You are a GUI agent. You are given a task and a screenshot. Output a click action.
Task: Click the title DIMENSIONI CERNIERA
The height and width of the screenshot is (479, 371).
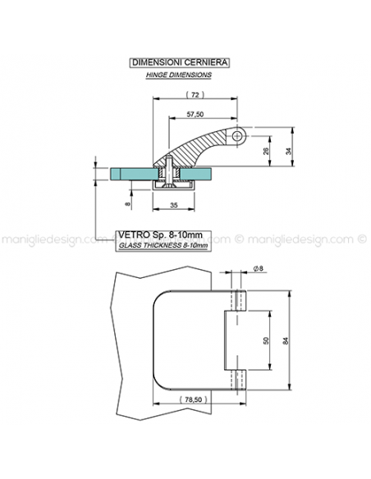[180, 62]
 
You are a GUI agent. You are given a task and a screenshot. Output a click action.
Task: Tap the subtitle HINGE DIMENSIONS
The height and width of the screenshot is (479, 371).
[178, 75]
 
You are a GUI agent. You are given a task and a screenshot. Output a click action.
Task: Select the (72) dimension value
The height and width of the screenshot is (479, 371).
[195, 94]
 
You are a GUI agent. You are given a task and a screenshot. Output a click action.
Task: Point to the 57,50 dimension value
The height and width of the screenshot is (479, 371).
[195, 114]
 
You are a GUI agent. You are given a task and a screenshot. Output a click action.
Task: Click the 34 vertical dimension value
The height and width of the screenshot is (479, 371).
[288, 151]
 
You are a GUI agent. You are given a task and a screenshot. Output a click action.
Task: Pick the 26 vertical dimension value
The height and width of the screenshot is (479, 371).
[266, 151]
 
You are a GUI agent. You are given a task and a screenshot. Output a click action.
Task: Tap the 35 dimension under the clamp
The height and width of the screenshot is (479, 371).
[173, 205]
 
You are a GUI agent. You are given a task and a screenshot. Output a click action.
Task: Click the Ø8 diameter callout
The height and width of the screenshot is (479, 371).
[259, 268]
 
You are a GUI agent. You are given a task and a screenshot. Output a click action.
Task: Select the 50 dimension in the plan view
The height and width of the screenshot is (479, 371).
[266, 340]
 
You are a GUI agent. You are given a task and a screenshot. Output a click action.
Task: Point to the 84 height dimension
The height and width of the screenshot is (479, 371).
[285, 340]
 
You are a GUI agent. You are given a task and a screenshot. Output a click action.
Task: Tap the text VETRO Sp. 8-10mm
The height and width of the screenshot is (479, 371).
[160, 235]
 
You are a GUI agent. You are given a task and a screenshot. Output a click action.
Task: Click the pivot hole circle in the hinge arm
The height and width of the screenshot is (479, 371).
[237, 136]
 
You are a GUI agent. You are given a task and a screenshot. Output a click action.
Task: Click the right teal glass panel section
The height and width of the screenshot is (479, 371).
[195, 174]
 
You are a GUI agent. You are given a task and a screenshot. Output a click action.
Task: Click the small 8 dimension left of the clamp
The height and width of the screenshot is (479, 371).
[128, 203]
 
